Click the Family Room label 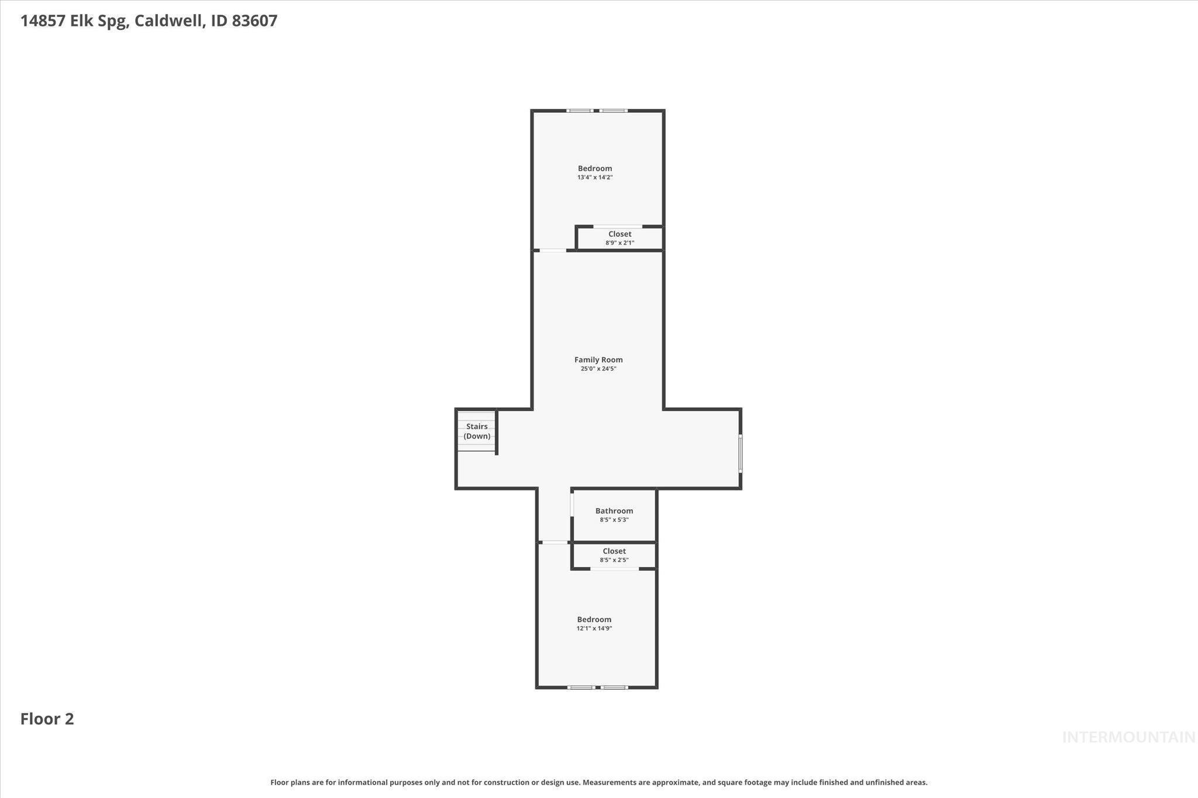[x=598, y=360]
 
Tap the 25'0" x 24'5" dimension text [x=598, y=369]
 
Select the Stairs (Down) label [x=477, y=431]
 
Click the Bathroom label [x=614, y=510]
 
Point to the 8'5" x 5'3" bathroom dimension [x=614, y=520]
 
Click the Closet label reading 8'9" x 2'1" [x=619, y=234]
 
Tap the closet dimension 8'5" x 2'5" [x=614, y=560]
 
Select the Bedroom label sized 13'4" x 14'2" [x=595, y=168]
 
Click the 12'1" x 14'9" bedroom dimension [x=594, y=628]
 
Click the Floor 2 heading [x=47, y=718]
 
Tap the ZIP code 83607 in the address [x=254, y=21]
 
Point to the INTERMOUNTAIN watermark [x=1128, y=737]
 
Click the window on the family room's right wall [x=740, y=453]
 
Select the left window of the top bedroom [x=580, y=110]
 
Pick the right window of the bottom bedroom [x=614, y=688]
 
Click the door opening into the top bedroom [x=553, y=251]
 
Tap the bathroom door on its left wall [x=572, y=505]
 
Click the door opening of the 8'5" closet [x=614, y=568]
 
